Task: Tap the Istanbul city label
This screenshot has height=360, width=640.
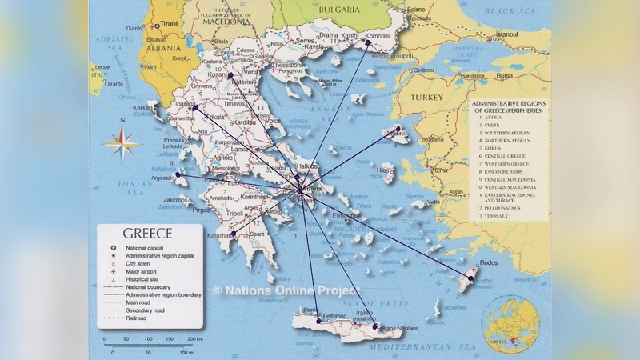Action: point(507,35)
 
